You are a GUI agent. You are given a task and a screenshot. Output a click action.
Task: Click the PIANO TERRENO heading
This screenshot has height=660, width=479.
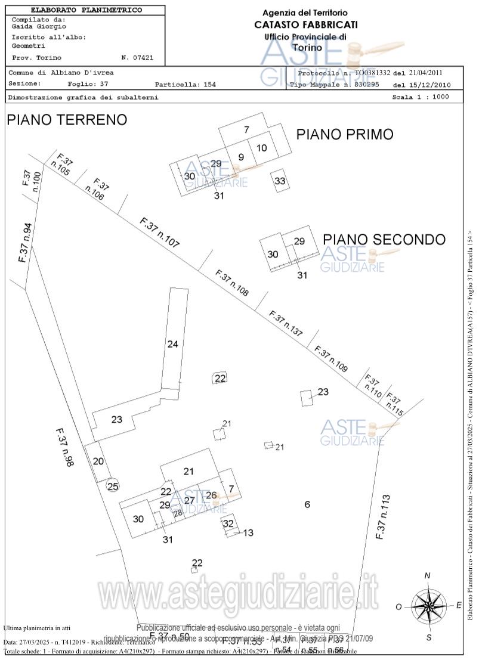(67, 120)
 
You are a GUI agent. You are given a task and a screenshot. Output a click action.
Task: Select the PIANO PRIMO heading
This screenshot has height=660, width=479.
(345, 135)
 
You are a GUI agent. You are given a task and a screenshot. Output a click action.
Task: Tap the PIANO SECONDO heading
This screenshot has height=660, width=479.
(384, 240)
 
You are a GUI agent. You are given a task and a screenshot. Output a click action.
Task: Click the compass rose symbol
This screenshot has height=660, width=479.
(428, 605)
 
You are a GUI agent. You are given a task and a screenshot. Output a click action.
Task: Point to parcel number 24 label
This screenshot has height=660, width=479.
(173, 344)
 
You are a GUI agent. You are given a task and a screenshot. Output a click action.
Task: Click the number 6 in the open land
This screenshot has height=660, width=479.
(307, 505)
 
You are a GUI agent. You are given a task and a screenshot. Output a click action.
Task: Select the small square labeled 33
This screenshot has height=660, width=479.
(280, 181)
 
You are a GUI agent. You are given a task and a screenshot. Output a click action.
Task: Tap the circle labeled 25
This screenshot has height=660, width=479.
(113, 486)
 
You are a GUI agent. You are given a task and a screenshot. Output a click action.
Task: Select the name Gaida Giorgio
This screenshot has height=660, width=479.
(39, 26)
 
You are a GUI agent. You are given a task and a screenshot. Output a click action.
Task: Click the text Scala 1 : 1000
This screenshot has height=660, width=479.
(421, 97)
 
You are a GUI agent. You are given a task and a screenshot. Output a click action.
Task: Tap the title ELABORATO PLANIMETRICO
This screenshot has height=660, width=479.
(86, 10)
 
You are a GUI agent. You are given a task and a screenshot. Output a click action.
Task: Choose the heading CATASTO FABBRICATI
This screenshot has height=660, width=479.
(306, 24)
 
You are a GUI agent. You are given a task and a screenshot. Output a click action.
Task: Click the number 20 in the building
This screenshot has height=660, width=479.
(98, 461)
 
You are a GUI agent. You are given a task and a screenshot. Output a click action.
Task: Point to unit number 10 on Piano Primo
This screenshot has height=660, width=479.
(262, 148)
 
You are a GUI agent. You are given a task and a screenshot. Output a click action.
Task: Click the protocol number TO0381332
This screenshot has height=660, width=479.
(372, 73)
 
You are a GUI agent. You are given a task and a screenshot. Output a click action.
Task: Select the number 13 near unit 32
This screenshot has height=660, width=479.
(248, 532)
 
